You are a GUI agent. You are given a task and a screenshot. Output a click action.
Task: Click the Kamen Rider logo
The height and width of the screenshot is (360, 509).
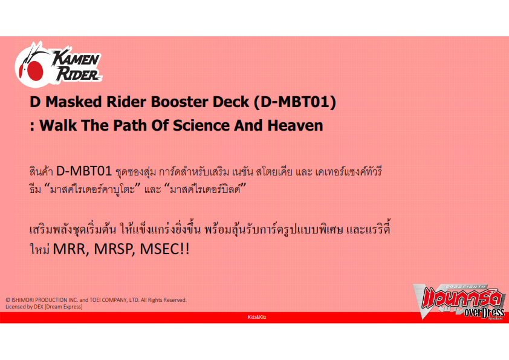tap(59, 64)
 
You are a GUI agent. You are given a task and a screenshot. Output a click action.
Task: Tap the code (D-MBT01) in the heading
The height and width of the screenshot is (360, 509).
tap(294, 102)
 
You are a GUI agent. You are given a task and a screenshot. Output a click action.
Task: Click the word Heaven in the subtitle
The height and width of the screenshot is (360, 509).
tap(295, 125)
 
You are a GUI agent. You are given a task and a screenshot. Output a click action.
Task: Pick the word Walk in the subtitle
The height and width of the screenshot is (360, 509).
tap(58, 125)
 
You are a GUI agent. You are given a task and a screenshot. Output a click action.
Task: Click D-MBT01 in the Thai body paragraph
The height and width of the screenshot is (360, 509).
tap(84, 171)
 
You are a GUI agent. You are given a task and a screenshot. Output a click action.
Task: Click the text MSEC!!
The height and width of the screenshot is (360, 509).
tap(164, 249)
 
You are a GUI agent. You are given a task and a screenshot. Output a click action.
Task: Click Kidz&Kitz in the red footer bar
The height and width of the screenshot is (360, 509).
tap(257, 317)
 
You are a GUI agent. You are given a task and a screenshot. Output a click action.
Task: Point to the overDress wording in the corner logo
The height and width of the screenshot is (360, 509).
tap(484, 313)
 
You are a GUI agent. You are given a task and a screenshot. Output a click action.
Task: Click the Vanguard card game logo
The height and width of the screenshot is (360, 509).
tap(459, 302)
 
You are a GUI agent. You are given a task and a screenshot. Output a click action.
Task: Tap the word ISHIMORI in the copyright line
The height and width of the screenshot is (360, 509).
tap(22, 300)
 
